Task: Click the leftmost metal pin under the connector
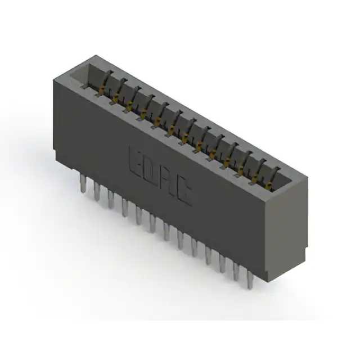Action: point(83,183)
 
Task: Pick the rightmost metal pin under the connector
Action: point(250,279)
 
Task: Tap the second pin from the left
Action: point(97,191)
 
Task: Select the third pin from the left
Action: point(111,199)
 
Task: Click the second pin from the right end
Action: point(236,271)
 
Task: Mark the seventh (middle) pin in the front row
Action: point(166,231)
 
